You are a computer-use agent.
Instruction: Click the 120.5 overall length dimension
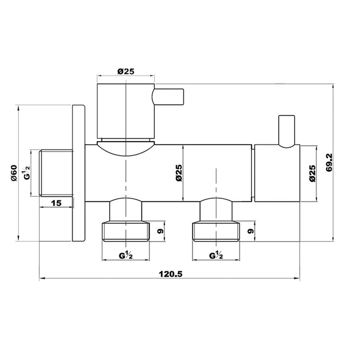click(x=171, y=274)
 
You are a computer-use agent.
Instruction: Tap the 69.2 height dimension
click(x=329, y=163)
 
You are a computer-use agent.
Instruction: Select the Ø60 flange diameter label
click(x=14, y=173)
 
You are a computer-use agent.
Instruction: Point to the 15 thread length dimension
click(x=56, y=203)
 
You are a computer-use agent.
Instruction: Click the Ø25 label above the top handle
click(x=126, y=72)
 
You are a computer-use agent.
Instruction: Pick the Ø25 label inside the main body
click(x=179, y=173)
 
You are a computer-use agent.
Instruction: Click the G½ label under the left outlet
click(x=126, y=255)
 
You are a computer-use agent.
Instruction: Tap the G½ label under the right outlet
click(x=216, y=255)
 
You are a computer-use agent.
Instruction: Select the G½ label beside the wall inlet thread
click(x=27, y=173)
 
